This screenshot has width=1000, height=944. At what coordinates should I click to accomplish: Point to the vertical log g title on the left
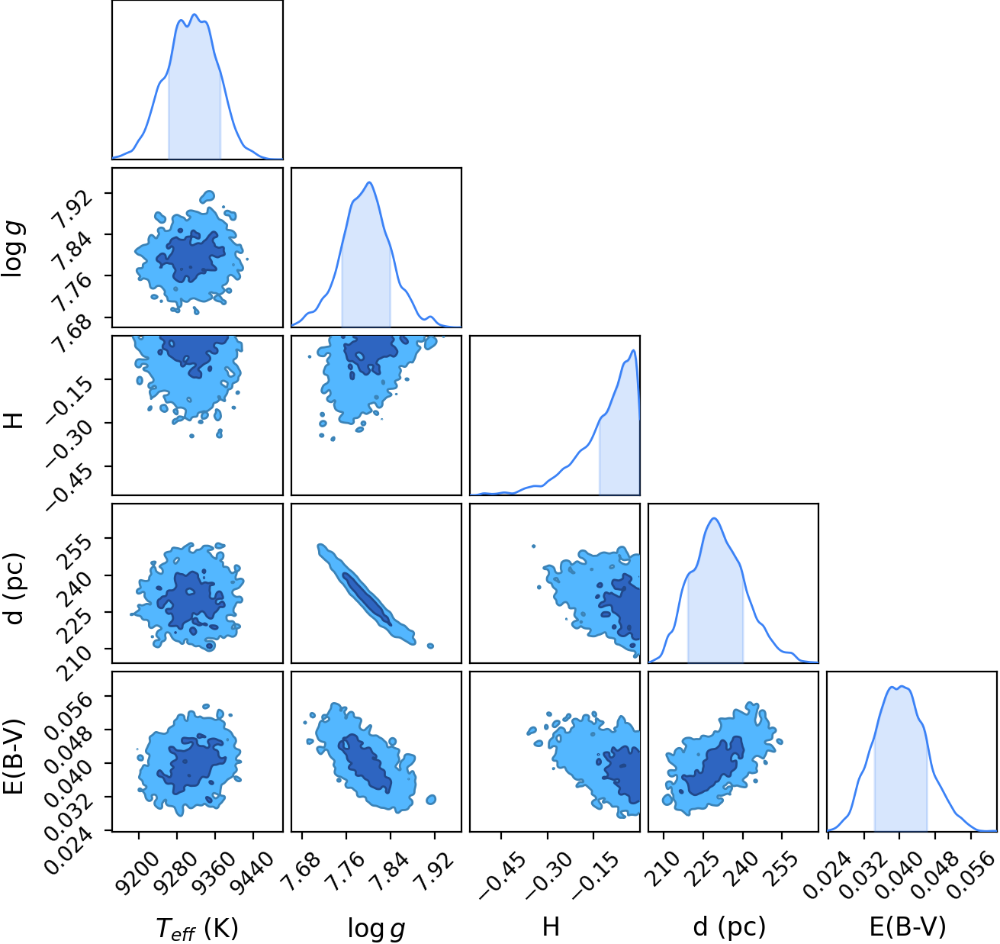(x=13, y=250)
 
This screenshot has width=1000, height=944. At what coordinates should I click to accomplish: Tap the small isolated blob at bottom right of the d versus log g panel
(x=430, y=646)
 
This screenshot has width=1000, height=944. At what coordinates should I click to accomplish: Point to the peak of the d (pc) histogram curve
(x=714, y=519)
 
